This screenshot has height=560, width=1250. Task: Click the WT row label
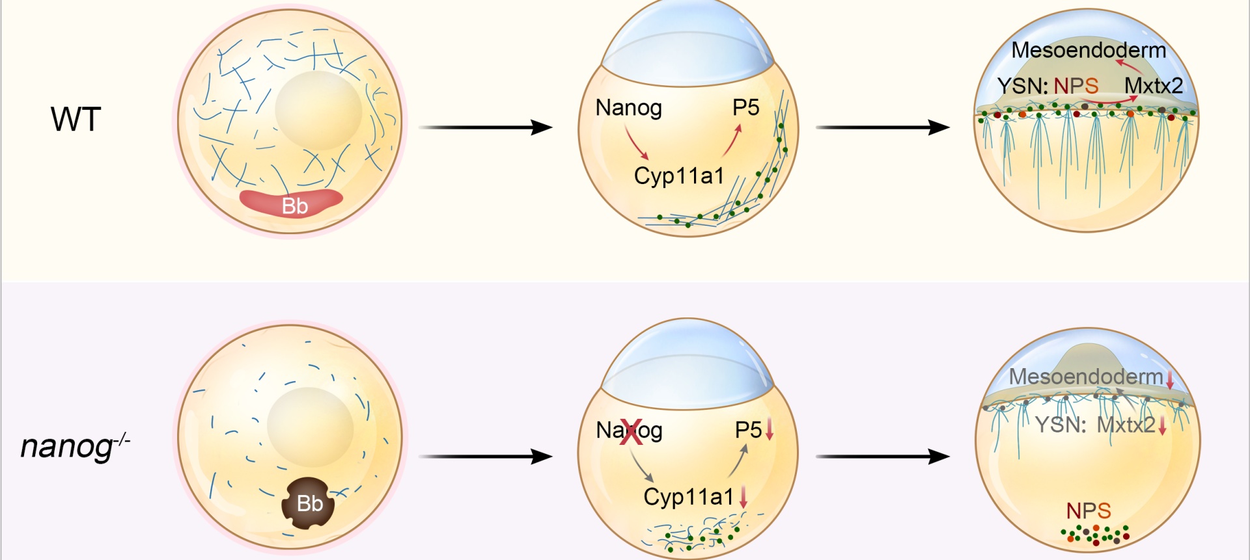pos(76,120)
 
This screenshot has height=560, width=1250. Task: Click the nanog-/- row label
pos(75,446)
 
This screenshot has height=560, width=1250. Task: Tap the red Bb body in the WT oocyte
pos(291,202)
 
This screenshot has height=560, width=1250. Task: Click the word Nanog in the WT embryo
pos(628,108)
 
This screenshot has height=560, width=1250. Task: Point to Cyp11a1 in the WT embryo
pos(678,176)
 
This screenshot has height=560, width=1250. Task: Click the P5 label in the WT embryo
pos(745,108)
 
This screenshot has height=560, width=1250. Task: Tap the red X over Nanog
pos(630,432)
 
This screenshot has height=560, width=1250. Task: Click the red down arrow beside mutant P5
pos(769,429)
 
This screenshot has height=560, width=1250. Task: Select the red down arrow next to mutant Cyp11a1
pos(743,498)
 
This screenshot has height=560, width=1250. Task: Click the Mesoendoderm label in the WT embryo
pos(1088,50)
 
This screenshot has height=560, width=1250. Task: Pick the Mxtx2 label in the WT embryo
pos(1153,86)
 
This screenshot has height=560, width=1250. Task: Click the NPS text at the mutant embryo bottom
pos(1088,511)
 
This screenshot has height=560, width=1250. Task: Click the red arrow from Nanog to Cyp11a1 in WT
pos(636,144)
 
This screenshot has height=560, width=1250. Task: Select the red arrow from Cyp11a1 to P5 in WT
pos(732,140)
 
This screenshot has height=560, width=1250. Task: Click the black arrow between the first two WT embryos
pos(485,127)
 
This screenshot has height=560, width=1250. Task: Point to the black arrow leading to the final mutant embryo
pos(882,457)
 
